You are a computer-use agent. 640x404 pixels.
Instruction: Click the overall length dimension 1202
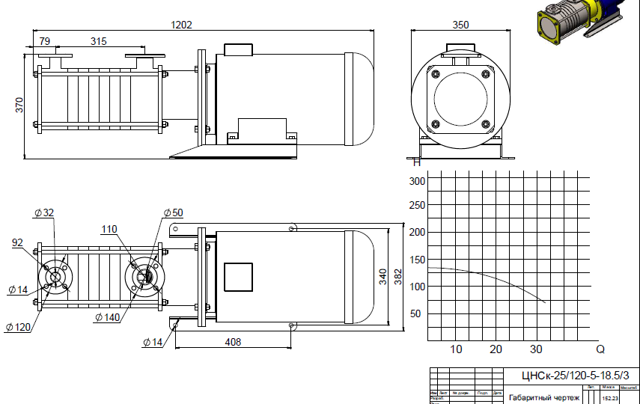tap(182, 24)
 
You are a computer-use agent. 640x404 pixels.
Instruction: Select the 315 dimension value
tap(98, 40)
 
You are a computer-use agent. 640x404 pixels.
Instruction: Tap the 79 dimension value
tap(44, 40)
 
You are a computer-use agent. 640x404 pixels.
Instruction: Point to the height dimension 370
tap(20, 105)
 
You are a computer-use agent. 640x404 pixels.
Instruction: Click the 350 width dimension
tap(460, 25)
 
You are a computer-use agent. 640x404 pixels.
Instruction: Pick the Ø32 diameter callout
tap(44, 212)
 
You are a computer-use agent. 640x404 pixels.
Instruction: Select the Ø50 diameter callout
tap(173, 212)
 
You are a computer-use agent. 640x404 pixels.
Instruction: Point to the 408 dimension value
tap(233, 342)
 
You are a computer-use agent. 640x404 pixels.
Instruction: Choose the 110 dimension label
tap(109, 229)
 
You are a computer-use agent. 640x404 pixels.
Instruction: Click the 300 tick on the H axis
tap(417, 181)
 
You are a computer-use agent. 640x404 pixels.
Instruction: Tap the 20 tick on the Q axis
tap(496, 349)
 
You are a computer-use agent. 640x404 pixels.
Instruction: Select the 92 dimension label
tap(18, 242)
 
